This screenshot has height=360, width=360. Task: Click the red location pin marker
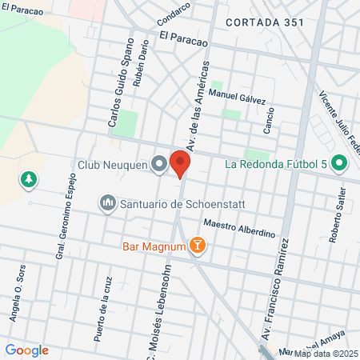pos(180,164)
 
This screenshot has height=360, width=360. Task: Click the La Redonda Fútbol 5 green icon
pos(338,166)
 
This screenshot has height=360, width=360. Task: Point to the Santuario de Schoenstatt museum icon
pos(107,204)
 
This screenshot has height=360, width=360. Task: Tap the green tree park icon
pos(29,178)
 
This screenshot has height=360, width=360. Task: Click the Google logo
pos(26,350)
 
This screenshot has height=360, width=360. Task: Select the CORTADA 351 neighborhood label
pos(264,22)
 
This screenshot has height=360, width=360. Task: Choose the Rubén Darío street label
pos(142,69)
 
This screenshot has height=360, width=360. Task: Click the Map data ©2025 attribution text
pos(325,353)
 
